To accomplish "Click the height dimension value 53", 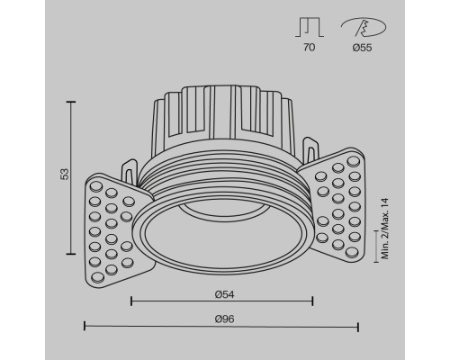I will pyautogui.click(x=64, y=175).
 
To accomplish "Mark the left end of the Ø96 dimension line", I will pyautogui.click(x=85, y=326).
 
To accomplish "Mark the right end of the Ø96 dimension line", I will pyautogui.click(x=358, y=326).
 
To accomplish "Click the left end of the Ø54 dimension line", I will pyautogui.click(x=132, y=299).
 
